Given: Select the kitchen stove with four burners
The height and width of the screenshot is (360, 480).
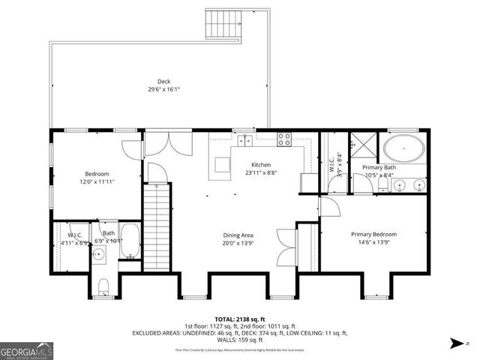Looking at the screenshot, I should coord(285,138).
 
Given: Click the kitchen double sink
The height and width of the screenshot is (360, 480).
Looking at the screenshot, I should coord(244,139).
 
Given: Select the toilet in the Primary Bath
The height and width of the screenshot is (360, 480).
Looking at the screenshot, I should coord(383,183).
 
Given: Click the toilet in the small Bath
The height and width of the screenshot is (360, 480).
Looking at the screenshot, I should coord(105,285).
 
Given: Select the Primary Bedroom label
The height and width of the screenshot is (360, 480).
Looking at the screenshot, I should coord(374,234).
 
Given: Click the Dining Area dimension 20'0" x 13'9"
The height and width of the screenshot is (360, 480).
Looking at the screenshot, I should coord(238,243).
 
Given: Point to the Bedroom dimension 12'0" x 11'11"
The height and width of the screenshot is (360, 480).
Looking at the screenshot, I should coord(97,182).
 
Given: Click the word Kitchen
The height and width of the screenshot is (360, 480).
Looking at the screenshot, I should coord(260,165).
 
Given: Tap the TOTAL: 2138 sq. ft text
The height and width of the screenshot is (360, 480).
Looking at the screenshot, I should coord(239,317).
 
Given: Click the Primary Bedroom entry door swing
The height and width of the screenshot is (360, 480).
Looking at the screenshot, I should coord(331,206).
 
